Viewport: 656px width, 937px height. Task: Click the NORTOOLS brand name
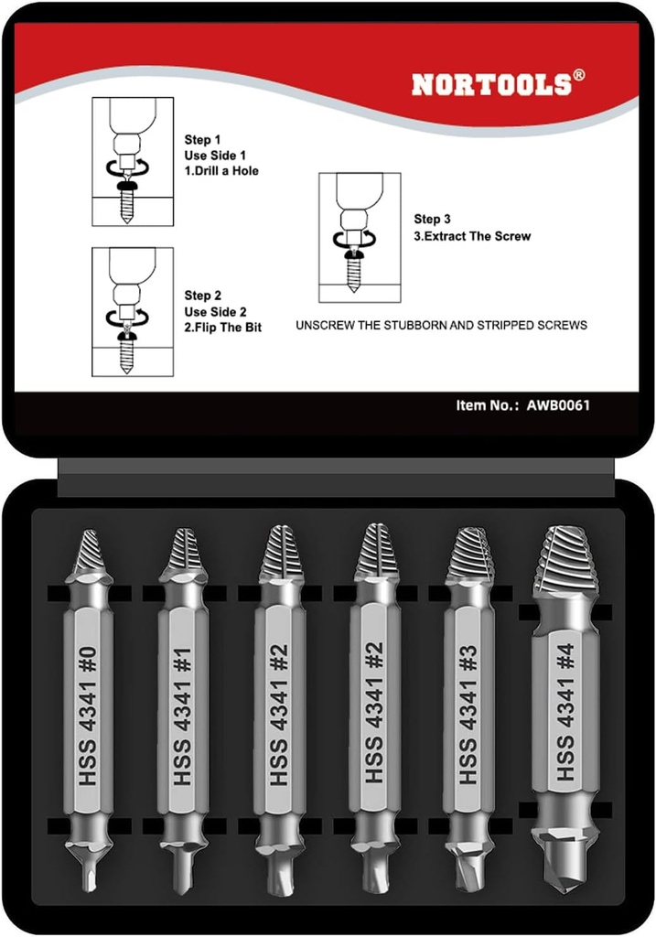[492, 84]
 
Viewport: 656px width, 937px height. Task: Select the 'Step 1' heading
[203, 140]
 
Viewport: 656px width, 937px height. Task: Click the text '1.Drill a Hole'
[221, 170]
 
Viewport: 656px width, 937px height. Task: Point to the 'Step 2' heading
[203, 296]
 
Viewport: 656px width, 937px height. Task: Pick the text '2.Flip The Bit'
[223, 327]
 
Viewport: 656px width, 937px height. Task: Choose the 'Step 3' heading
[432, 220]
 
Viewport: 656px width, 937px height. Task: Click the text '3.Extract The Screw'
[472, 236]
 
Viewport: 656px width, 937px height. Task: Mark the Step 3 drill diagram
[360, 237]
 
